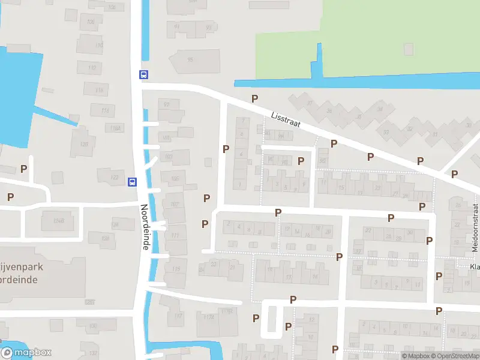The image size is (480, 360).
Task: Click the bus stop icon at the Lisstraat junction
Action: coord(144,75)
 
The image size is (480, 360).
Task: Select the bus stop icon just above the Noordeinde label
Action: coord(133,182)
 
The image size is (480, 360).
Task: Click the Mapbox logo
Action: coord(26,353)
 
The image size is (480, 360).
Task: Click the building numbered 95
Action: coord(190,60)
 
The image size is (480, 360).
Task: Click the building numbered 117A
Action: coord(209,317)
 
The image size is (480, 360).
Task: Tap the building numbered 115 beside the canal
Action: coord(176,269)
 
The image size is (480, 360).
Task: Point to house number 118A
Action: coord(115,128)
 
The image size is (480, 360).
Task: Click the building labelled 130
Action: coord(94,326)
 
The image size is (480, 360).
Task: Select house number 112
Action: coord(92,68)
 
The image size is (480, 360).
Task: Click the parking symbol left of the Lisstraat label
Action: coord(254,98)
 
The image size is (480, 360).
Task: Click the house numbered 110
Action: coord(90,45)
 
